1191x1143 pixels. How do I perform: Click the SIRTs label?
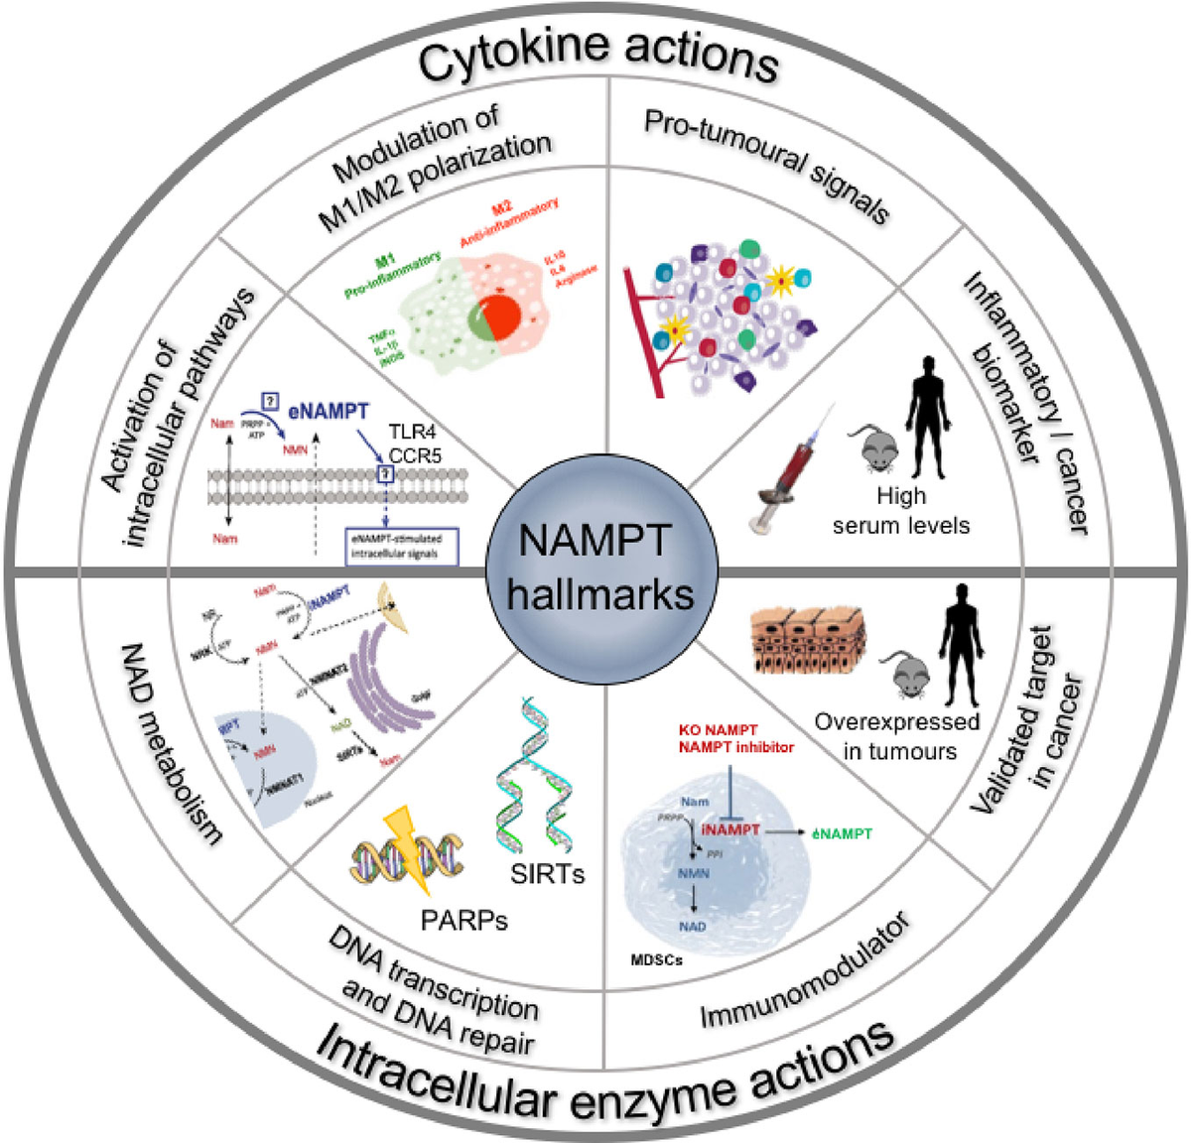(x=548, y=873)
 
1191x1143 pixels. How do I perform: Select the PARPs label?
(x=464, y=920)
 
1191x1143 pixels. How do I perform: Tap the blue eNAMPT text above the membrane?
(x=329, y=411)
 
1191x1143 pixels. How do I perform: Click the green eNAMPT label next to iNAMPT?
(x=842, y=833)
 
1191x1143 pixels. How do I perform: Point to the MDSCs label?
(x=657, y=960)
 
